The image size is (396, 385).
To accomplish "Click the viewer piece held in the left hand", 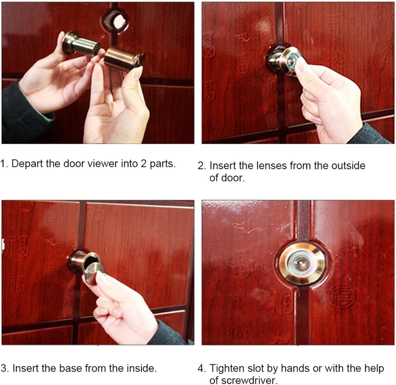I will pos(80,44).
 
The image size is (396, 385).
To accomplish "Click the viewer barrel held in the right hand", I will pos(123,59).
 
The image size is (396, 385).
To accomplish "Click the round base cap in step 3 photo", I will pos(94,273).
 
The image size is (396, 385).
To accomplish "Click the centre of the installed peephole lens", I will pos(302,264).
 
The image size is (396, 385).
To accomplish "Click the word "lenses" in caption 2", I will pos(267,166).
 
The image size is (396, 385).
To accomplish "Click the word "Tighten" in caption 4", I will pos(227,368).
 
